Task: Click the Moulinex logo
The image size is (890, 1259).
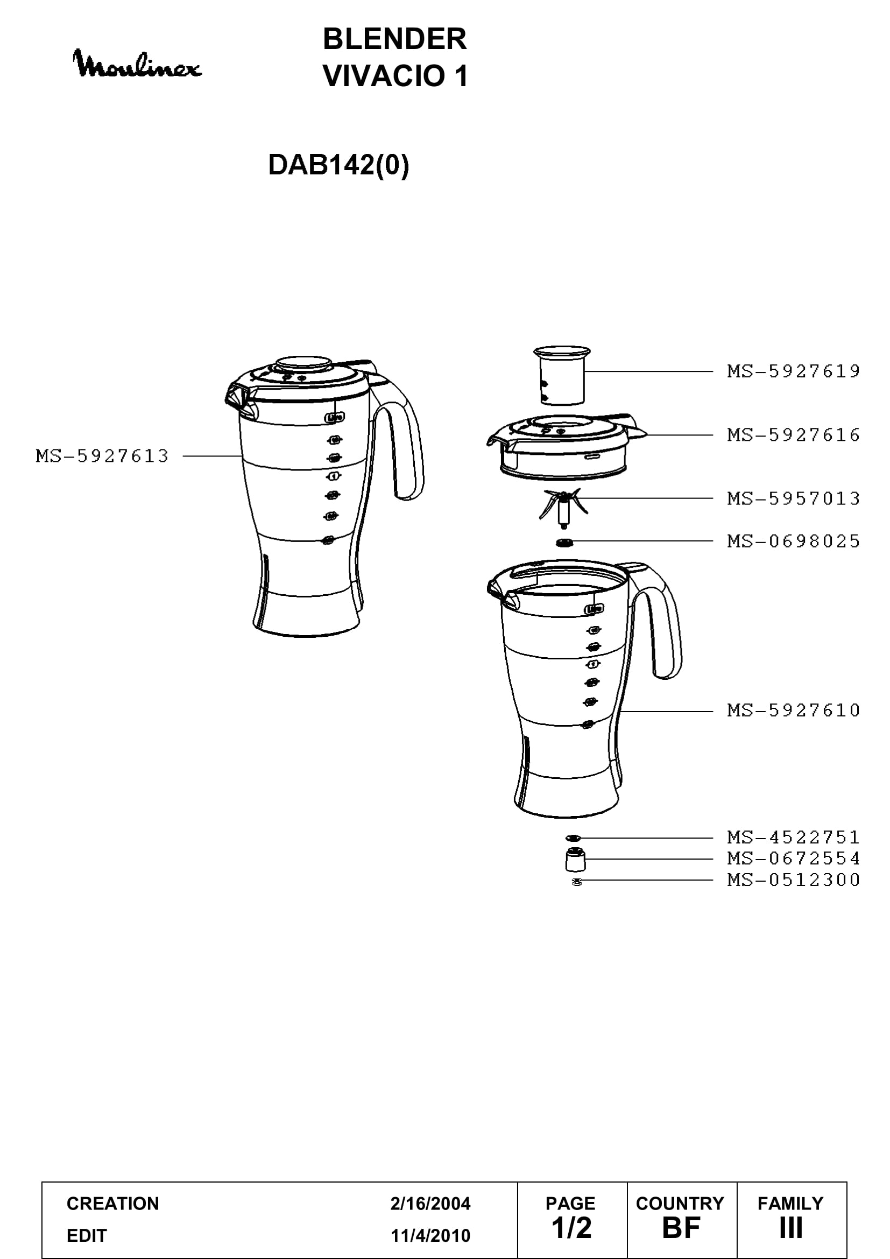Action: point(137,65)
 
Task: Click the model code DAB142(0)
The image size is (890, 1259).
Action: point(338,165)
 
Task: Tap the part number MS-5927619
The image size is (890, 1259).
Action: point(794,371)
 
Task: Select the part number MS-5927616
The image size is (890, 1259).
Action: point(794,435)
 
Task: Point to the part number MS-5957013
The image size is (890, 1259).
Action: point(794,498)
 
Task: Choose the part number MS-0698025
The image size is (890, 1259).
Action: point(794,541)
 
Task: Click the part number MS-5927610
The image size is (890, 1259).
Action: point(794,711)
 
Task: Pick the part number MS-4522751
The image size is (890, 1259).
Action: point(794,838)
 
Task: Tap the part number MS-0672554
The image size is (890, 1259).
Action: point(794,858)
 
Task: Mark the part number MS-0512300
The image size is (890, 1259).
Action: point(794,880)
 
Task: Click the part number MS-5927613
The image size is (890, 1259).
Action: point(102,456)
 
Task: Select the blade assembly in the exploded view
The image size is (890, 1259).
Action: point(563,508)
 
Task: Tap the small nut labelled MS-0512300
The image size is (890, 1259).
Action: point(576,882)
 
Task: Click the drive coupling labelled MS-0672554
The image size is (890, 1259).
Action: point(575,859)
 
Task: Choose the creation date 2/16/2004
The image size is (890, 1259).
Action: point(430,1204)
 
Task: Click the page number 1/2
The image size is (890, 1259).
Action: point(571,1228)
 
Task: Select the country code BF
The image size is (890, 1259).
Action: point(681,1228)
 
